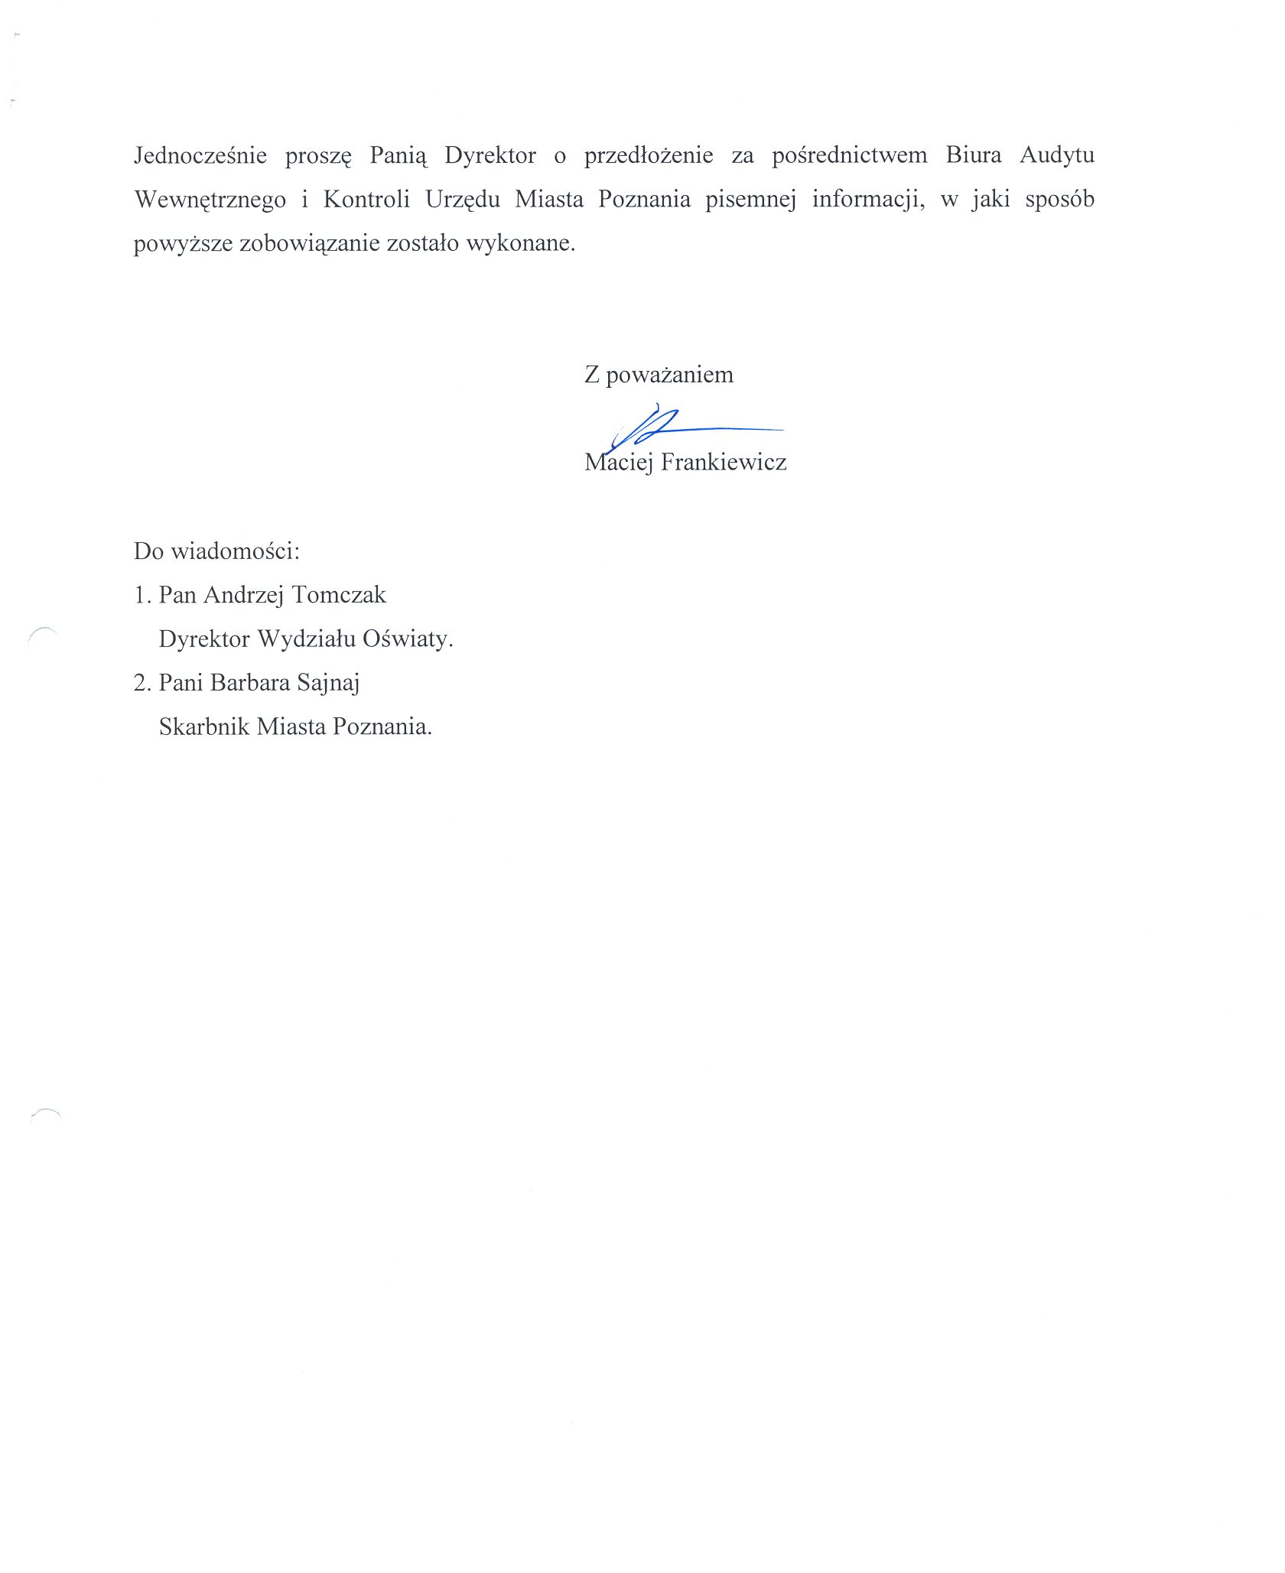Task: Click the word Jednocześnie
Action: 200,155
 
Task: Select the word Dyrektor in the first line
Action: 490,155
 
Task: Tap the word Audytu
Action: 1057,155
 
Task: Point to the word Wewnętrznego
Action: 210,200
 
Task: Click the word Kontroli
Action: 366,200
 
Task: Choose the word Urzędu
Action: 463,200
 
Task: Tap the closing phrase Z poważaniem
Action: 659,375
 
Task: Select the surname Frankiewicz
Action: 724,462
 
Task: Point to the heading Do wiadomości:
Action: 216,551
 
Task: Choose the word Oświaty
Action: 408,639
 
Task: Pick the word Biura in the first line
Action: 973,155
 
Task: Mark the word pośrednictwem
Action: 849,155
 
